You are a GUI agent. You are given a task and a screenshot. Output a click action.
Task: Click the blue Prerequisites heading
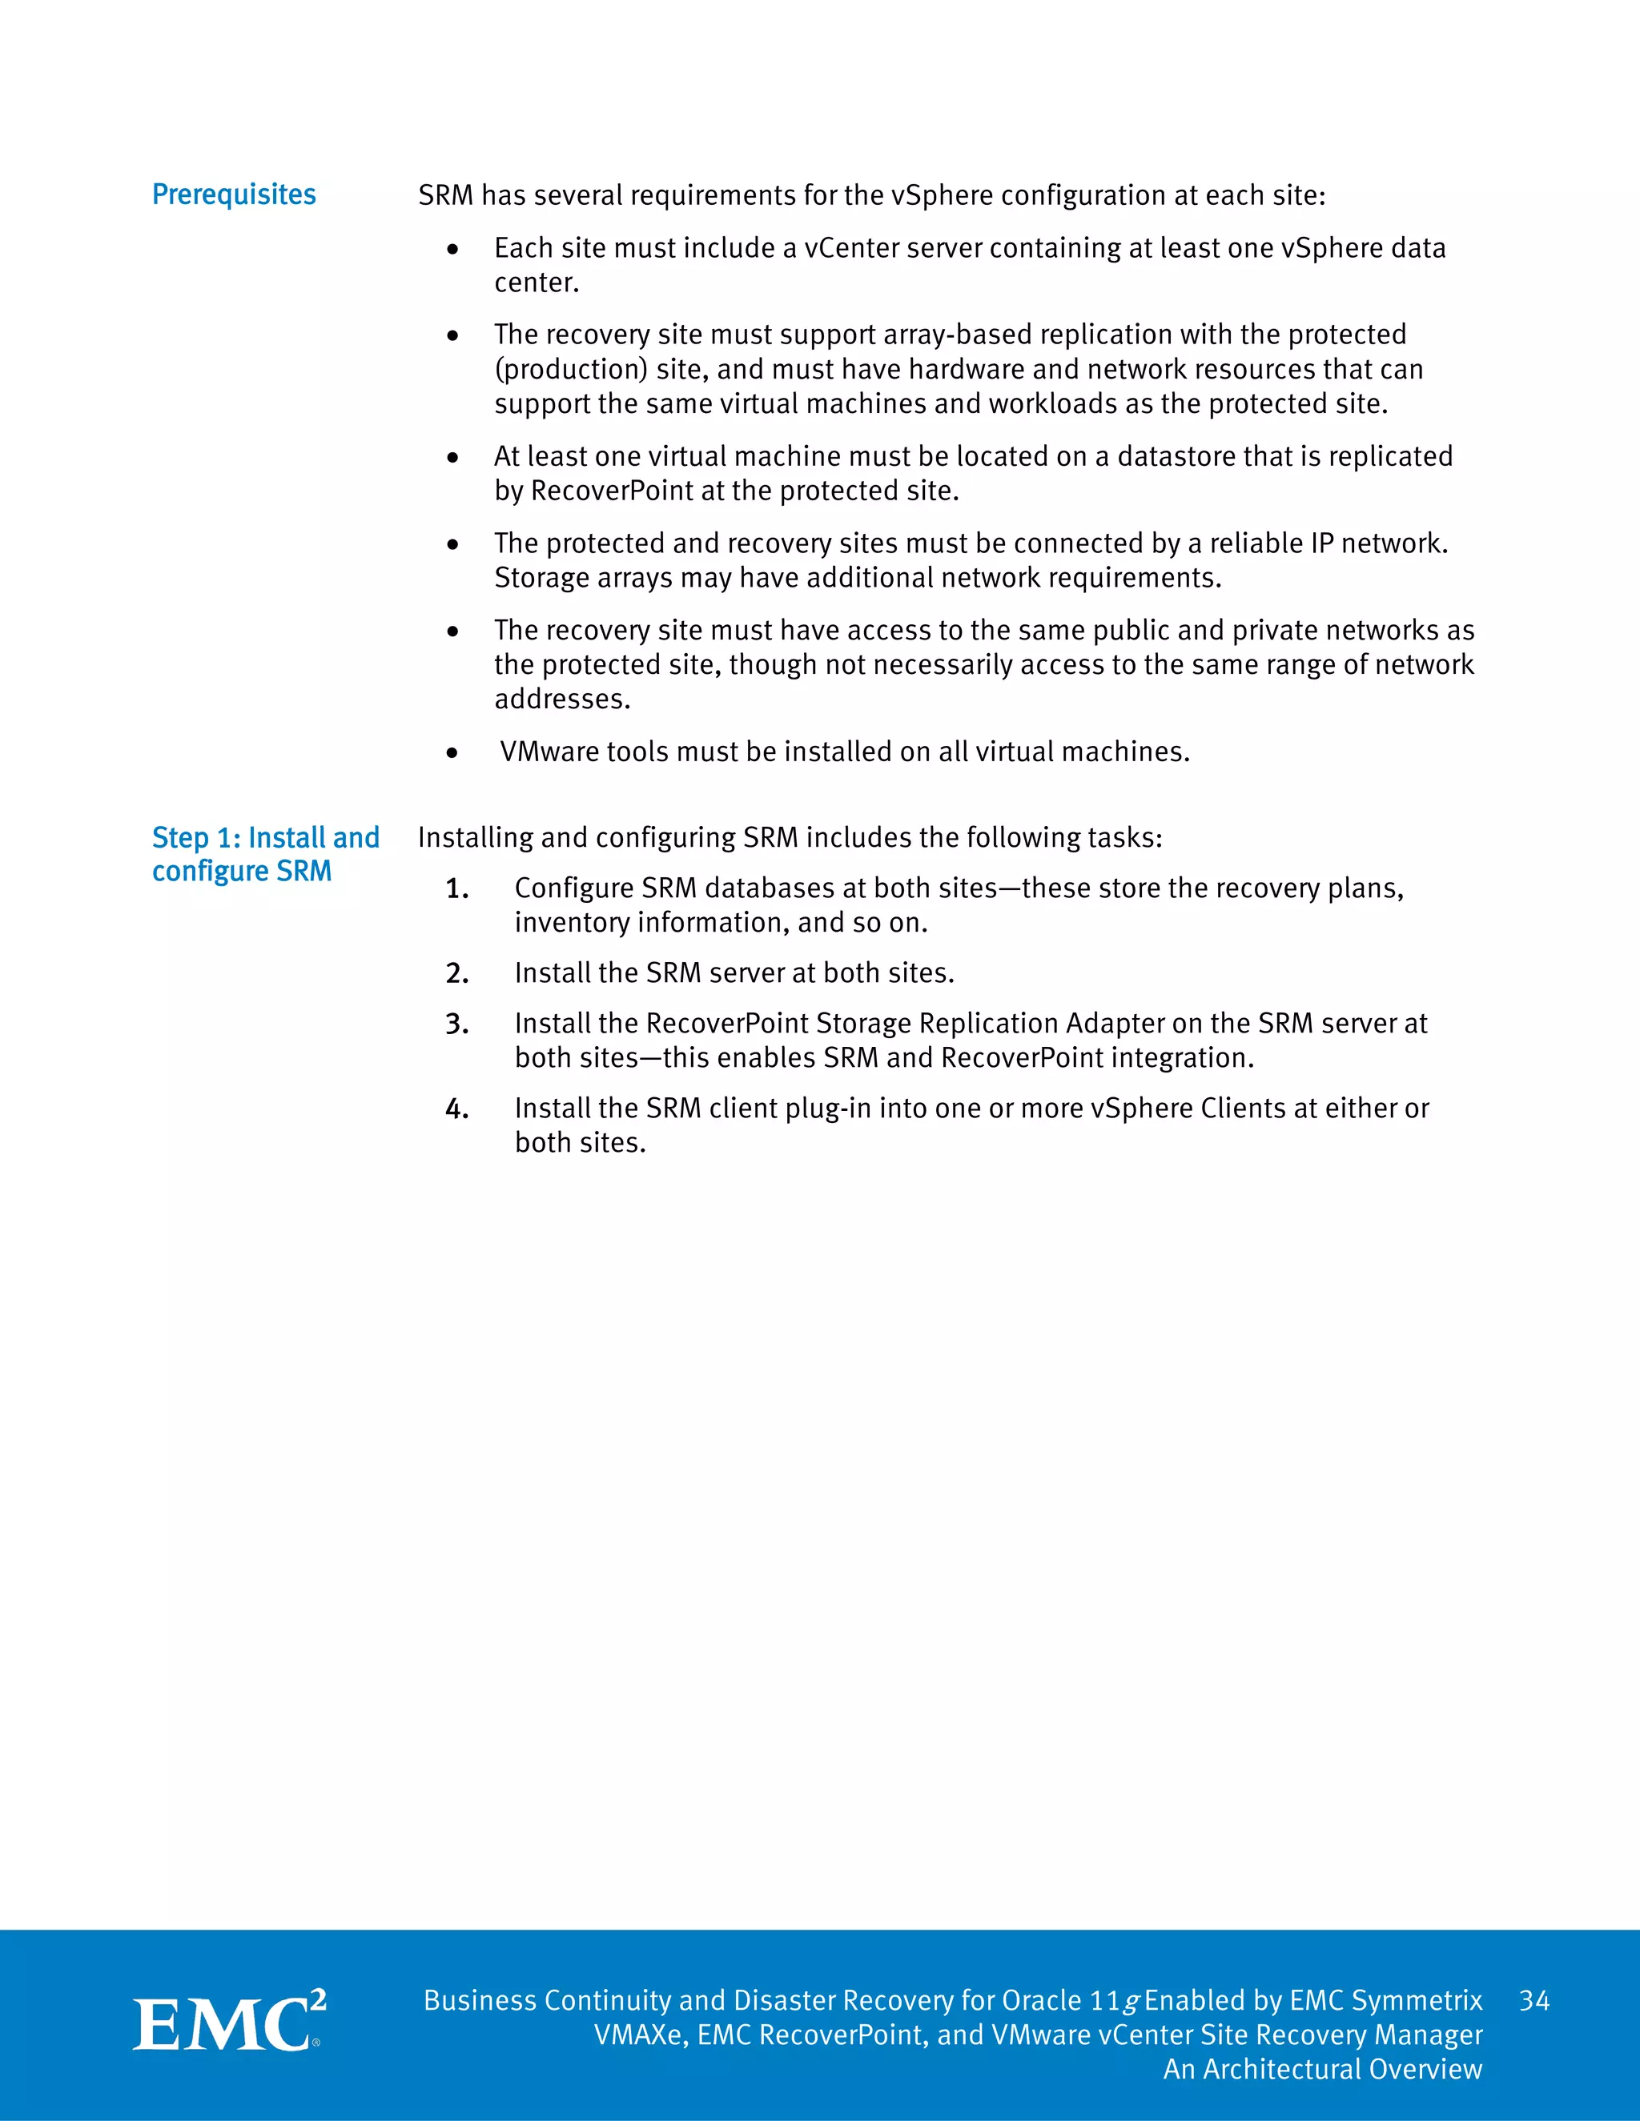tap(233, 195)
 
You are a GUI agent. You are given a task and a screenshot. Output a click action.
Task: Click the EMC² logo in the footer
tap(229, 2024)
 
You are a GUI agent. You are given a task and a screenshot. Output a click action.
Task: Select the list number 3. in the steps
tap(456, 1024)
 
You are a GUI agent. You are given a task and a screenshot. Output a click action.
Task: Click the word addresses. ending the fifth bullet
tap(561, 700)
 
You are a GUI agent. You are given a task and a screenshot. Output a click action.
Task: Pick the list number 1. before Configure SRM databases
tap(456, 889)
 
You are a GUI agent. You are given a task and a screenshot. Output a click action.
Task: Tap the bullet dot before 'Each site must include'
tap(452, 250)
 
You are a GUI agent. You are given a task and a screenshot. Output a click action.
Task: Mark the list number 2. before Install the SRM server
tap(456, 974)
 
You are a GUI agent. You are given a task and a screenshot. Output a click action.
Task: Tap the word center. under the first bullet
tap(537, 283)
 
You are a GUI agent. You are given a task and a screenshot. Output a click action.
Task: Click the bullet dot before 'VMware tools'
tap(452, 752)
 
